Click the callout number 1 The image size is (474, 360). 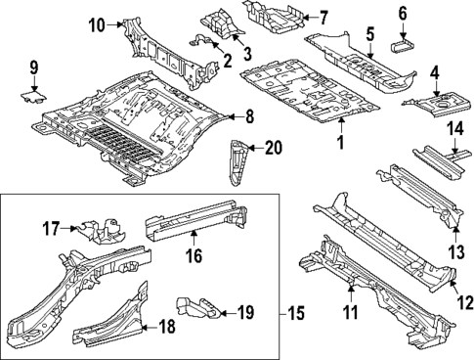point(340,144)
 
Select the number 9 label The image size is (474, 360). point(33,67)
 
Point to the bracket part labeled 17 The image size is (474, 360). point(102,229)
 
